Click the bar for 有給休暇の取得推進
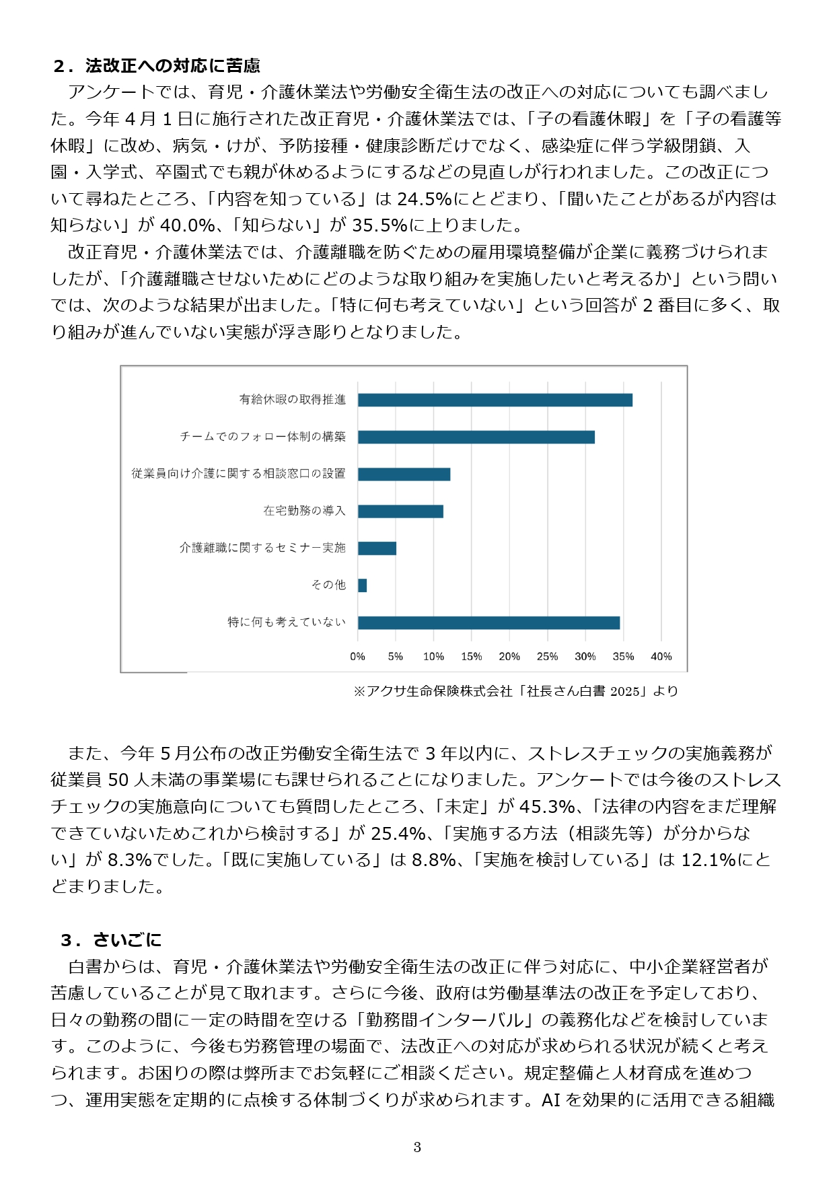click(495, 400)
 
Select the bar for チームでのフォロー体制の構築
click(476, 437)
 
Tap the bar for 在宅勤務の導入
click(400, 511)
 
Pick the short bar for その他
click(362, 585)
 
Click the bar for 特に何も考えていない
click(488, 622)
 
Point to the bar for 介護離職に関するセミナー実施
click(377, 548)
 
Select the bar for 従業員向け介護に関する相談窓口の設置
click(404, 474)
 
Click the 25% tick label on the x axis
click(547, 657)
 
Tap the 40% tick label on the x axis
click(661, 657)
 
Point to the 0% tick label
click(357, 657)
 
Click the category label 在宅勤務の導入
click(304, 511)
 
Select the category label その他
click(328, 585)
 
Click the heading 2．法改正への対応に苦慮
click(157, 65)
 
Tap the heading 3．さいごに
click(112, 939)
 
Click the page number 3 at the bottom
click(417, 1147)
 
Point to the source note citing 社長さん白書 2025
click(515, 691)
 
